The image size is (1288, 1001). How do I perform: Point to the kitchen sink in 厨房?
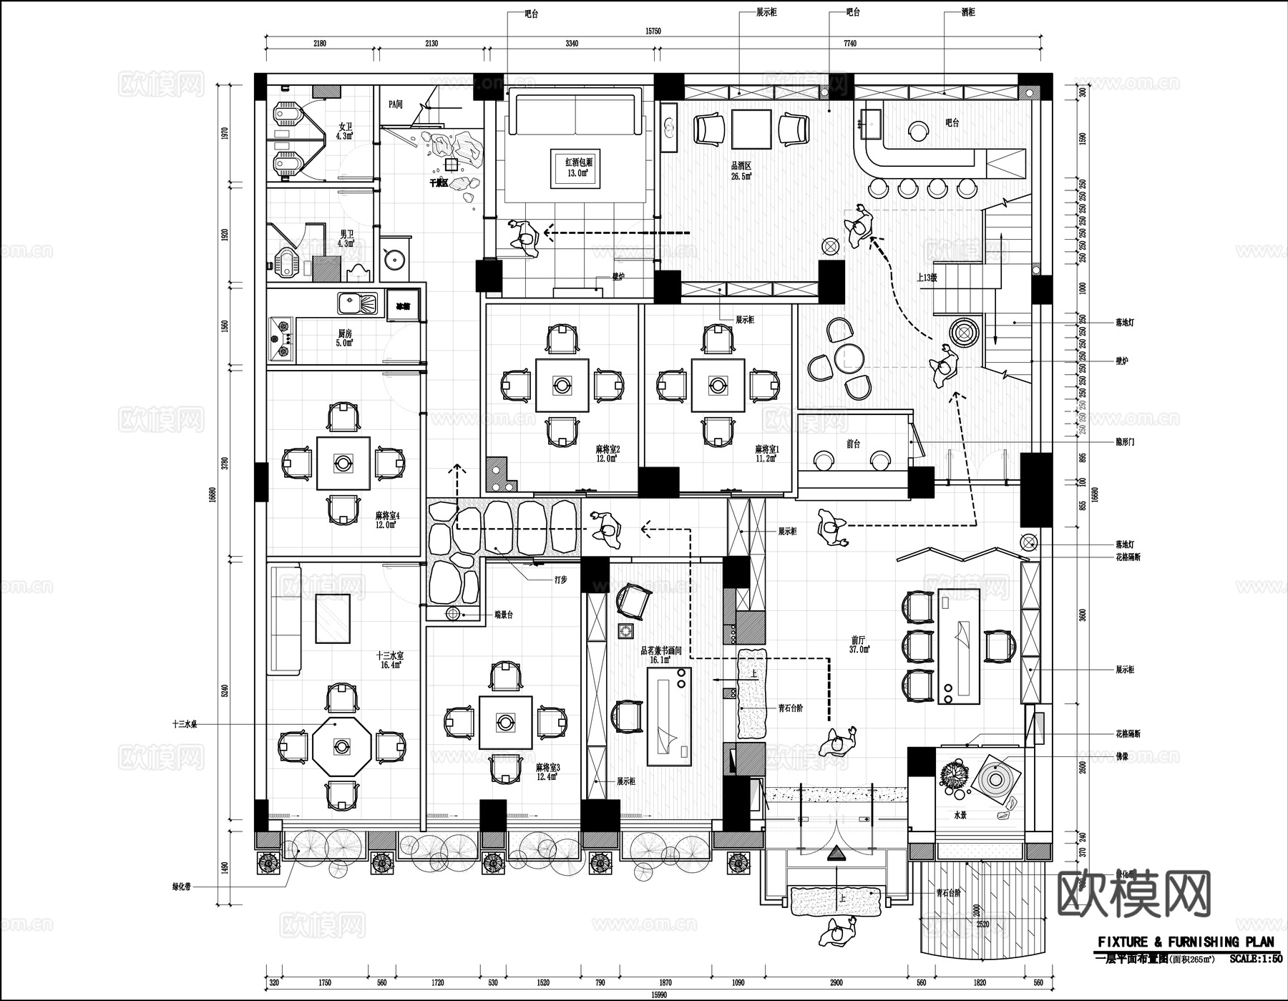(357, 304)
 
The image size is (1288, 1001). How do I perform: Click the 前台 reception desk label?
(853, 444)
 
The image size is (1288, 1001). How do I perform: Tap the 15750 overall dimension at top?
(652, 31)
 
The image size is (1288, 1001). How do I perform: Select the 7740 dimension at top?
(849, 44)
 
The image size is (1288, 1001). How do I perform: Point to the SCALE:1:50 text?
(1256, 959)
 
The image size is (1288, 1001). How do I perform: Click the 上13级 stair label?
(927, 278)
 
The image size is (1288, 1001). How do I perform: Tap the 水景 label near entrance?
(960, 815)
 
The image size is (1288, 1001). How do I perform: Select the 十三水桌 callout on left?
(184, 724)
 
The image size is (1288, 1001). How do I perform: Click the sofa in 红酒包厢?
(575, 114)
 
